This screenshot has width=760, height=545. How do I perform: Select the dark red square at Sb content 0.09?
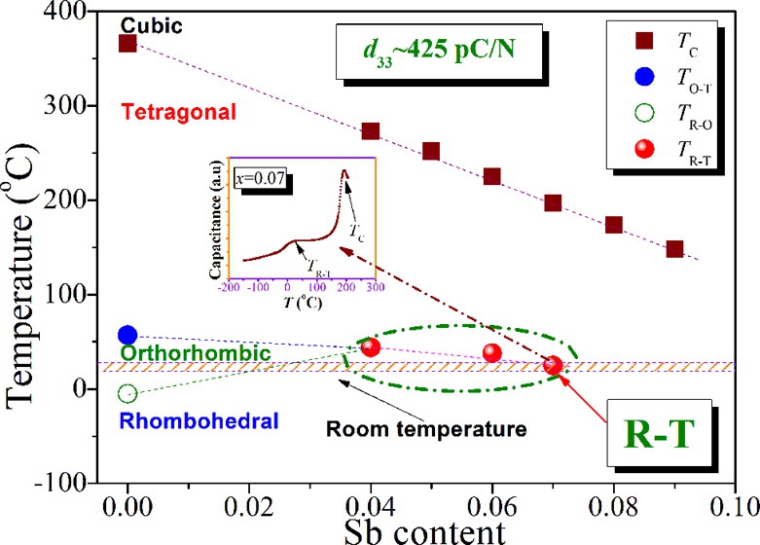(x=674, y=249)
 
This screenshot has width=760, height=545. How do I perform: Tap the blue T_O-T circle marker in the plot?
(x=127, y=336)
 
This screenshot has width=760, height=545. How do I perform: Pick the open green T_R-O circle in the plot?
(x=127, y=393)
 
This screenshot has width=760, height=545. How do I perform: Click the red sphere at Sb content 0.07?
(x=553, y=365)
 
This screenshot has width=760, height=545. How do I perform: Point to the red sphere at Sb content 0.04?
(x=371, y=346)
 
